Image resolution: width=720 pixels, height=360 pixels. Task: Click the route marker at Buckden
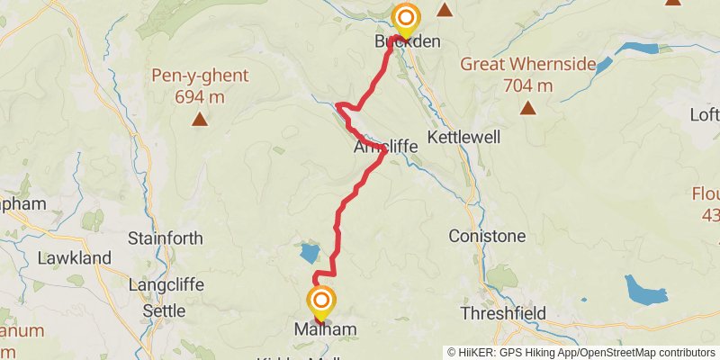(x=406, y=18)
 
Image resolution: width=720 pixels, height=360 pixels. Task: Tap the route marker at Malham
(x=320, y=301)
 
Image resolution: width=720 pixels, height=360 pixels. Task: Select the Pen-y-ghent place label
(x=199, y=76)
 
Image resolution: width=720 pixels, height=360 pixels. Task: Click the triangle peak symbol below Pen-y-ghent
(x=199, y=118)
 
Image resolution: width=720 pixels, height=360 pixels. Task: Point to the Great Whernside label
(x=528, y=65)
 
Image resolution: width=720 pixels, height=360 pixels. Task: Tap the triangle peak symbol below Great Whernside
(x=527, y=109)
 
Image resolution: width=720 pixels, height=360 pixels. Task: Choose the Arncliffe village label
(x=386, y=145)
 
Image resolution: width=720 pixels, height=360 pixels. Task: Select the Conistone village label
(x=486, y=237)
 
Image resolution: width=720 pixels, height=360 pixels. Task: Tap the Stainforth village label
(x=165, y=238)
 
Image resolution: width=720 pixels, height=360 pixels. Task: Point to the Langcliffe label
(x=166, y=284)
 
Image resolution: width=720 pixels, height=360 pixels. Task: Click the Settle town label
(x=164, y=311)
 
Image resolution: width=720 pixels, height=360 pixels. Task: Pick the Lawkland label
(x=74, y=258)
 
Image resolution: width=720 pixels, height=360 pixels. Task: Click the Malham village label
(x=325, y=330)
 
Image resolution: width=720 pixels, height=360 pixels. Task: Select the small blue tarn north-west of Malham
(x=309, y=253)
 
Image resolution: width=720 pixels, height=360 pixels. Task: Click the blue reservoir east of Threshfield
(x=645, y=290)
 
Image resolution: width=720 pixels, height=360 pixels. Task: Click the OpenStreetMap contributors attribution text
(x=643, y=352)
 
